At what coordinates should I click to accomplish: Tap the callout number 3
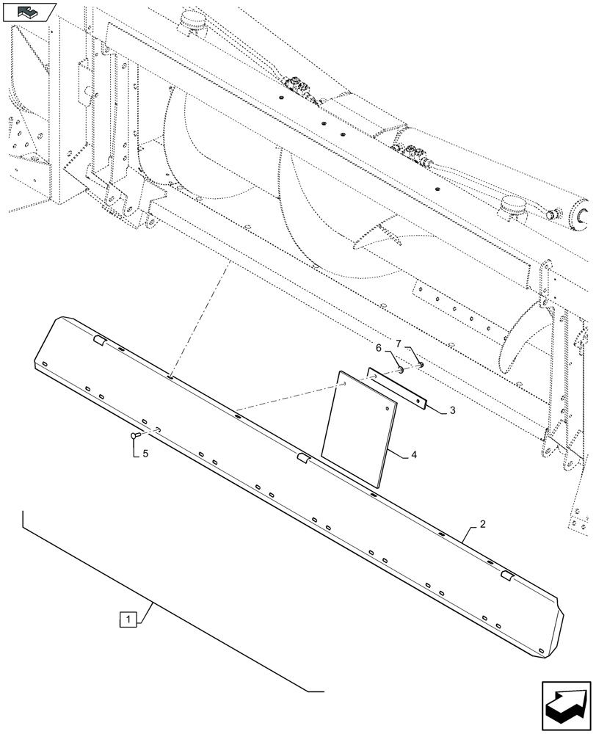(x=453, y=411)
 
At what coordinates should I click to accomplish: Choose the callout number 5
(x=145, y=454)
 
